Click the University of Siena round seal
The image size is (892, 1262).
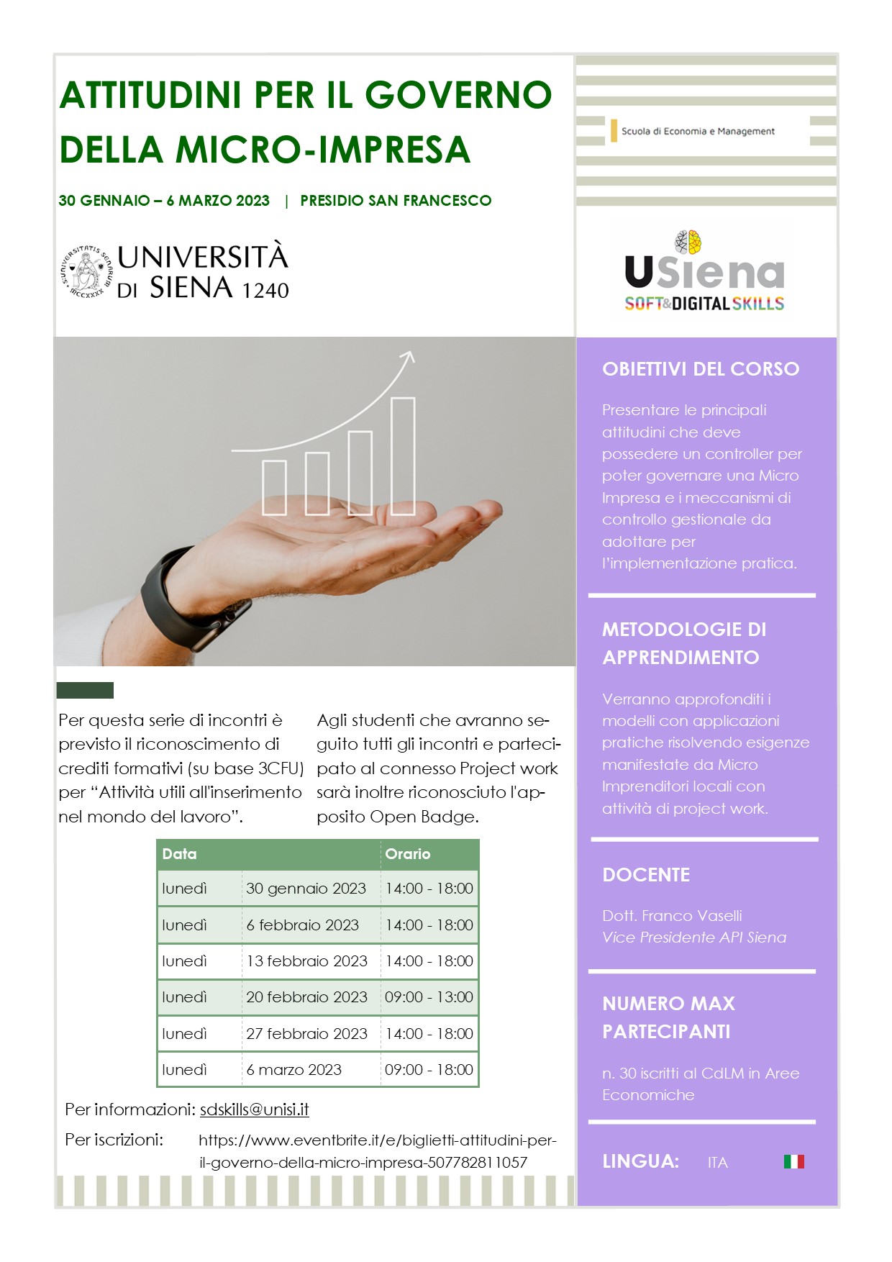click(x=86, y=272)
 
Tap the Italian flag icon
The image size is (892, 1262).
click(x=793, y=1161)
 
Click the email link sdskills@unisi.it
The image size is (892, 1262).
click(x=254, y=1109)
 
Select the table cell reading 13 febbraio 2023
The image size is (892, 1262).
click(x=306, y=961)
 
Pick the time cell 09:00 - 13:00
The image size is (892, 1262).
click(x=429, y=997)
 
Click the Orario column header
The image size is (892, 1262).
click(x=408, y=854)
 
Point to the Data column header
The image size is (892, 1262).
click(x=180, y=854)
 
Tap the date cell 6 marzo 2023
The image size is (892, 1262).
click(x=293, y=1070)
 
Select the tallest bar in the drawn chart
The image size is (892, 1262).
click(x=403, y=455)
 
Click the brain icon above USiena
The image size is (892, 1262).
click(x=688, y=242)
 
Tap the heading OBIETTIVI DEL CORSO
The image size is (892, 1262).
click(x=701, y=369)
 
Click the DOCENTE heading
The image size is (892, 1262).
click(x=646, y=875)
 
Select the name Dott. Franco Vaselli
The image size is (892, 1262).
click(x=672, y=916)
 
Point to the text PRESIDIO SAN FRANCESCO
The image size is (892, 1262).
click(x=396, y=201)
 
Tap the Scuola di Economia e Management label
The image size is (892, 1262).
click(x=698, y=132)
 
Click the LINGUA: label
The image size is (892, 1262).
click(x=640, y=1161)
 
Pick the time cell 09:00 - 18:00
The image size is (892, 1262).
click(x=429, y=1070)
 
